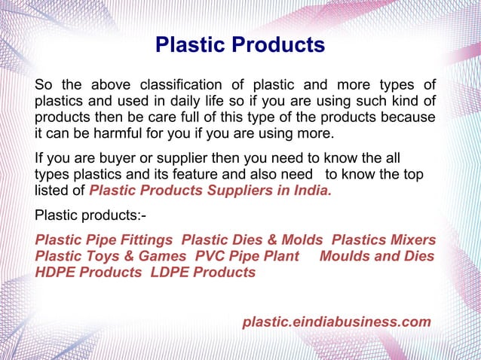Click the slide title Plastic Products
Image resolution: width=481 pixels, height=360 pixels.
(240, 44)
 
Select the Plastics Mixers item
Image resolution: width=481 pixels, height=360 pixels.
(383, 239)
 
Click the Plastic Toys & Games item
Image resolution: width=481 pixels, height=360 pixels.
(110, 256)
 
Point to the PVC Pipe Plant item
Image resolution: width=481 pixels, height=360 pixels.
(247, 256)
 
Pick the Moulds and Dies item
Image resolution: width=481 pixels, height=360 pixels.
(377, 256)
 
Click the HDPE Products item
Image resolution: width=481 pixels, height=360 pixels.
(87, 273)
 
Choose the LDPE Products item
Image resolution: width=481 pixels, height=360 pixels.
(203, 273)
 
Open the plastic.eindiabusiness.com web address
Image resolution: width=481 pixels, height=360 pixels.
(336, 322)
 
